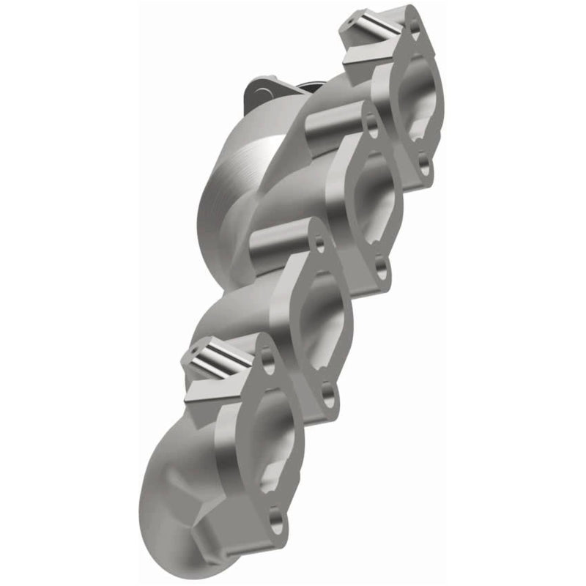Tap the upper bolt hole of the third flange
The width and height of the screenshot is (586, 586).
pos(320,245)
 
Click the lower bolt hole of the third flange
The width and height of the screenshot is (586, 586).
pos(329,396)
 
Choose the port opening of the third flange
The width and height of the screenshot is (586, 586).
pos(322,322)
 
